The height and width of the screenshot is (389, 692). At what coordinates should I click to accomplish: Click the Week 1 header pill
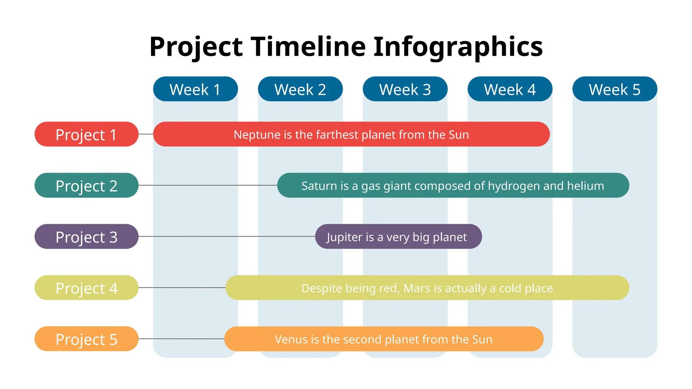point(195,89)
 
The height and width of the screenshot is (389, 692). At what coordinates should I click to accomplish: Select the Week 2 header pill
point(300,89)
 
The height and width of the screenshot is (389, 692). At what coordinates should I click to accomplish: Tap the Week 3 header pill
point(405,89)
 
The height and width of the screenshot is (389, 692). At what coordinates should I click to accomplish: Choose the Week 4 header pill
point(510,89)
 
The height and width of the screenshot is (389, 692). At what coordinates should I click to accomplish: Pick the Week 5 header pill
point(614,89)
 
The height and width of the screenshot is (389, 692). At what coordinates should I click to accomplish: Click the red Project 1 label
point(86,134)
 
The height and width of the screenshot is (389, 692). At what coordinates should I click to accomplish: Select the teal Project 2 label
point(86,185)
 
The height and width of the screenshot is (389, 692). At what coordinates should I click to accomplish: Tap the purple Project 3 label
point(86,237)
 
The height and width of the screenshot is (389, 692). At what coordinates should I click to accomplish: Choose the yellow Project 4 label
point(86,288)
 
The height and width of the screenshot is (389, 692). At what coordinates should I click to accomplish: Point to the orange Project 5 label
point(86,339)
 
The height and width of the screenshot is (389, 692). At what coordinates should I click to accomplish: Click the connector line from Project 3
point(226,236)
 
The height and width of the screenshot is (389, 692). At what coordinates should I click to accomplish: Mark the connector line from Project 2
point(207,185)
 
